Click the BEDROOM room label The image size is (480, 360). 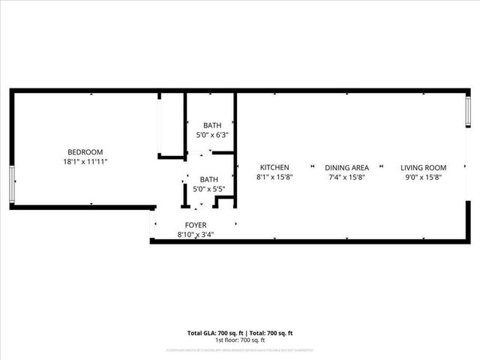tap(85, 151)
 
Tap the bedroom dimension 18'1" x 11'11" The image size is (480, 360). tap(85, 161)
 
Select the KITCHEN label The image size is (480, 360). tap(274, 167)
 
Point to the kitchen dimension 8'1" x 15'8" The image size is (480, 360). tap(274, 177)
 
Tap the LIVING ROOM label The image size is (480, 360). tap(423, 167)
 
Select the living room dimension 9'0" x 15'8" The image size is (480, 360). tap(423, 177)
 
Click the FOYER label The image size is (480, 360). tap(196, 225)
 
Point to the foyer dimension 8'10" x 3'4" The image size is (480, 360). tap(196, 234)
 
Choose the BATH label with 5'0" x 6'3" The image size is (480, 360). tap(211, 125)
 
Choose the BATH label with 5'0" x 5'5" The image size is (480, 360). tap(208, 179)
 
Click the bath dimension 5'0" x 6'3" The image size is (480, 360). tap(211, 135)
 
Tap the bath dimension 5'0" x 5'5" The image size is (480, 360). tap(208, 189)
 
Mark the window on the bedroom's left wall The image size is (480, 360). tap(11, 184)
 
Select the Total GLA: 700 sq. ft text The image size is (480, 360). tap(213, 332)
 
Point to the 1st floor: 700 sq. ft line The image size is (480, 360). tap(239, 340)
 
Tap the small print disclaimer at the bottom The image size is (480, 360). tap(239, 350)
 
